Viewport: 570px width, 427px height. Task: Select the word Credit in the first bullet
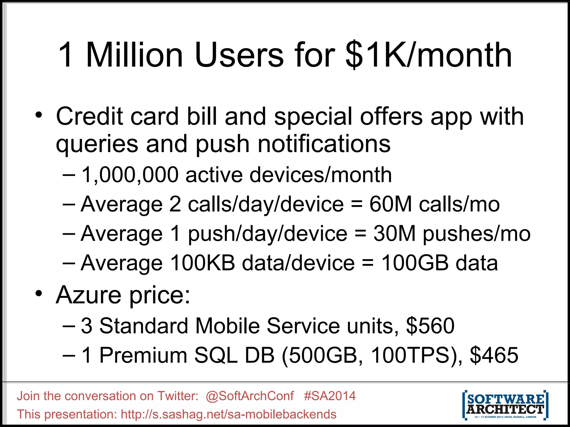tap(89, 116)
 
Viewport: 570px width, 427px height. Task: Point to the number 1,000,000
tap(130, 175)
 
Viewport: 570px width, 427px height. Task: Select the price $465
tap(494, 355)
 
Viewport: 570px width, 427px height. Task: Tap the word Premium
tap(143, 355)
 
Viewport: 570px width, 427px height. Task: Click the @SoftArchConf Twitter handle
tap(250, 396)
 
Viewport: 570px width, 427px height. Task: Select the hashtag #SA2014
tap(330, 396)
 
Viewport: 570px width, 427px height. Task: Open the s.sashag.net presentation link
tap(229, 414)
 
